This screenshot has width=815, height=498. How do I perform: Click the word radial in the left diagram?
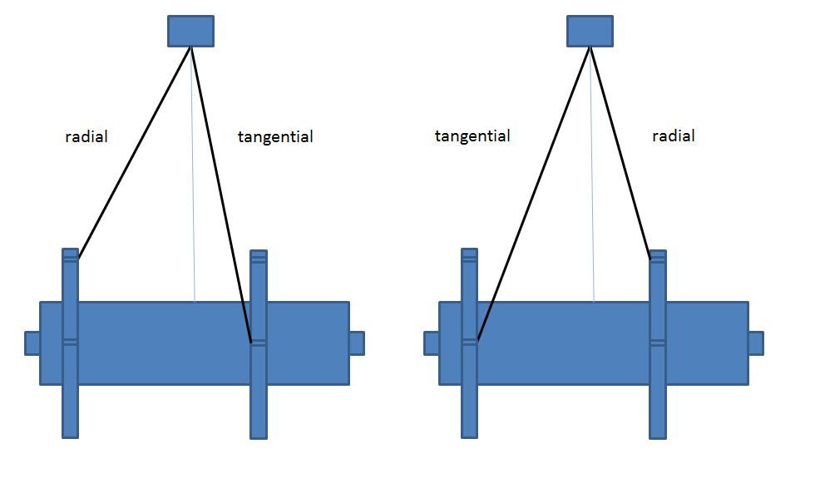[86, 136]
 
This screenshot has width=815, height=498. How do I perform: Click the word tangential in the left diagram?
[275, 136]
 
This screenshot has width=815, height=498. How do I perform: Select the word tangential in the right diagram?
[472, 136]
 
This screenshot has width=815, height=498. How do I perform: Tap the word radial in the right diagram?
[674, 136]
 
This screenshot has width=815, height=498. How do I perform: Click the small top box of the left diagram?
[190, 31]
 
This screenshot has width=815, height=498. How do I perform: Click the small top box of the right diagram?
[590, 31]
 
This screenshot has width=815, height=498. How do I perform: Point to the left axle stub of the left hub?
[32, 343]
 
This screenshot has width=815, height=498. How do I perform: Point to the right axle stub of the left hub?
[356, 343]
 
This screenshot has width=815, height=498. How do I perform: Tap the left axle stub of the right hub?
[432, 343]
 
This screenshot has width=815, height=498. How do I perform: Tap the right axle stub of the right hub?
[755, 343]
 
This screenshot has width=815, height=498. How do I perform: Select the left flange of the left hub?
[71, 399]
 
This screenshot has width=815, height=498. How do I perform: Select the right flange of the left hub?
[259, 399]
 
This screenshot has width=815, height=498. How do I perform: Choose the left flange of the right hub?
[470, 399]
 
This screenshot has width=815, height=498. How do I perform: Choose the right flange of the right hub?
[658, 399]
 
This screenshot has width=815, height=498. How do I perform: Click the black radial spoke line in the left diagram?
[135, 152]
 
